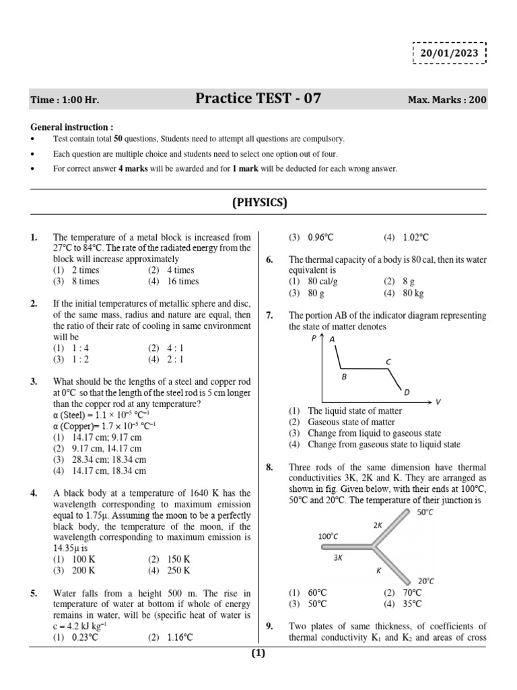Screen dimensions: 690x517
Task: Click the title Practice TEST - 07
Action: (258, 99)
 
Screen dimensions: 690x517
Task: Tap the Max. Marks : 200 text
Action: (447, 100)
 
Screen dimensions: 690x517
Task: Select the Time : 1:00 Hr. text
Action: (65, 100)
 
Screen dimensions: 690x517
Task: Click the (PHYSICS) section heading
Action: (259, 202)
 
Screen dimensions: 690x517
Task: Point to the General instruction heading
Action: (72, 127)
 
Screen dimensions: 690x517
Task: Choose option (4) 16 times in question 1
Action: (174, 281)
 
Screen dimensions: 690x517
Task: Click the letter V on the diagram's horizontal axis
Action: (438, 402)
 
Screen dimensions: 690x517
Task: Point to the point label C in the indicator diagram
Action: (388, 362)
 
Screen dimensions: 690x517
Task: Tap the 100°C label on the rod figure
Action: (328, 536)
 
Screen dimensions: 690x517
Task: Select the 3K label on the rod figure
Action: (339, 558)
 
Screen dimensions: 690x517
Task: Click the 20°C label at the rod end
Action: (426, 580)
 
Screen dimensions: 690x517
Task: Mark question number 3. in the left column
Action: (34, 381)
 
